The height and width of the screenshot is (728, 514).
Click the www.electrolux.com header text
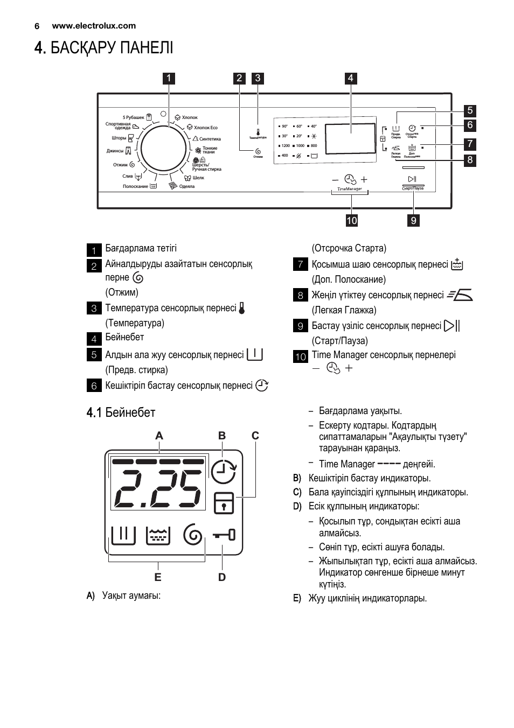[x=94, y=25]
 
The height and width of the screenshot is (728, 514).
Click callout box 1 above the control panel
[x=169, y=78]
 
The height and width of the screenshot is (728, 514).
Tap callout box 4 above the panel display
[x=350, y=78]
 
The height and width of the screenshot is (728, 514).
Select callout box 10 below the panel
[x=352, y=220]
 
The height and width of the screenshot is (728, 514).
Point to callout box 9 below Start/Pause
[x=413, y=220]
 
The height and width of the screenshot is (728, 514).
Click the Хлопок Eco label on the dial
[x=205, y=128]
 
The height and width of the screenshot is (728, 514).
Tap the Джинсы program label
[x=115, y=151]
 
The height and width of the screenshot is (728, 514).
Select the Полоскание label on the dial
[x=135, y=186]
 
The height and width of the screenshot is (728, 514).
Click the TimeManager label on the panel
[x=350, y=189]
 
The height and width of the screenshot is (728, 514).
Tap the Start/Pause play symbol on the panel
[x=412, y=179]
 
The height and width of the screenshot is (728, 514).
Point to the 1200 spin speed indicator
[x=286, y=145]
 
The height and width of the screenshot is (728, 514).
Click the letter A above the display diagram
[x=159, y=436]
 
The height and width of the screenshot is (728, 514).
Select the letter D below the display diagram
[x=222, y=577]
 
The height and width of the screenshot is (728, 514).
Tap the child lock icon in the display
[x=223, y=502]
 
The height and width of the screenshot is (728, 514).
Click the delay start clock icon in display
[x=223, y=472]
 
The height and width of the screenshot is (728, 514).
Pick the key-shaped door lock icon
[x=224, y=535]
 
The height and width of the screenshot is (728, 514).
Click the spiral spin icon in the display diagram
[x=193, y=535]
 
